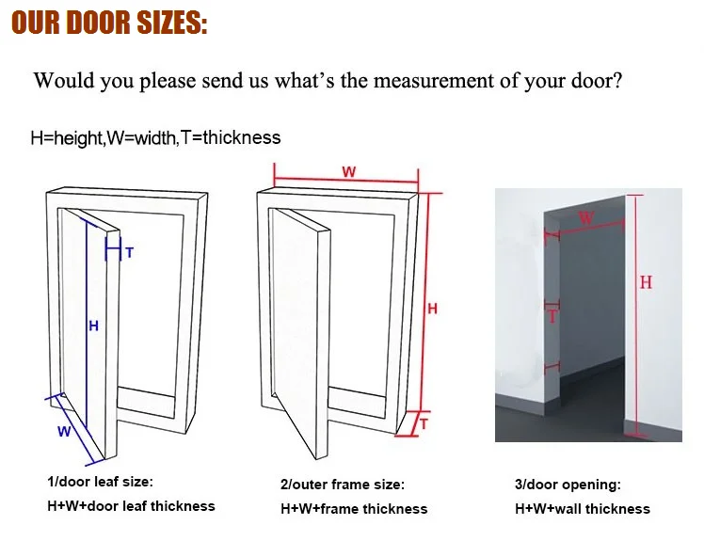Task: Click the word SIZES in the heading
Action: coord(171,23)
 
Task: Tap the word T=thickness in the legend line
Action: coord(230,137)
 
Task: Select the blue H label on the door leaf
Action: coord(93,326)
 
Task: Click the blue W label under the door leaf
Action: coord(64,432)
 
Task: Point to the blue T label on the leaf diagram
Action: coord(129,253)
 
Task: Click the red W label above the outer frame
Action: coord(349,171)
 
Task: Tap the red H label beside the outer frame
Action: coord(432,309)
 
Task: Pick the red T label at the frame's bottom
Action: coord(424,423)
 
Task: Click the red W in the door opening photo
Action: coord(585,218)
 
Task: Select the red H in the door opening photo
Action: coord(646,282)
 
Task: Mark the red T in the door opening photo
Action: coord(552,316)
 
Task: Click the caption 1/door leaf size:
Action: coord(100,482)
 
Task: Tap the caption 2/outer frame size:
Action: coord(343,485)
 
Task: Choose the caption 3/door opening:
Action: coord(568,485)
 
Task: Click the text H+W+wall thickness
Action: coord(583,509)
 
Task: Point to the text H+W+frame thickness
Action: coord(354,509)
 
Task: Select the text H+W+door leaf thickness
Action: coord(131,506)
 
